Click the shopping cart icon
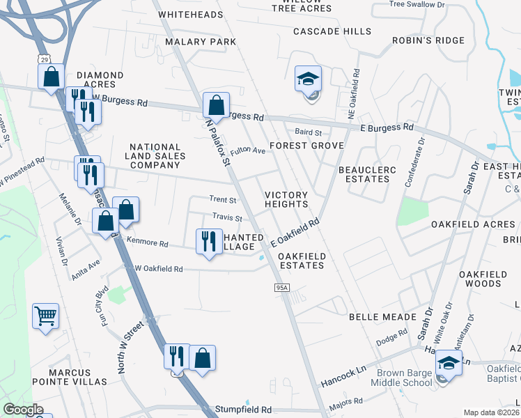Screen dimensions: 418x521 point(45,316)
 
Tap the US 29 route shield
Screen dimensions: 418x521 point(44,61)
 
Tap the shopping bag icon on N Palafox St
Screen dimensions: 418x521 point(216,106)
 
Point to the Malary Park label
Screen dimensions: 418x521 point(201,42)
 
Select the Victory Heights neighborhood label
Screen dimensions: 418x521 point(286,199)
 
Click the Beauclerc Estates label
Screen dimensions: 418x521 point(364,174)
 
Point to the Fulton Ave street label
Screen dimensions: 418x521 point(248,150)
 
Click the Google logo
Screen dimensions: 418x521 point(23,410)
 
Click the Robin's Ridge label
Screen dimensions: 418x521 point(428,40)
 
